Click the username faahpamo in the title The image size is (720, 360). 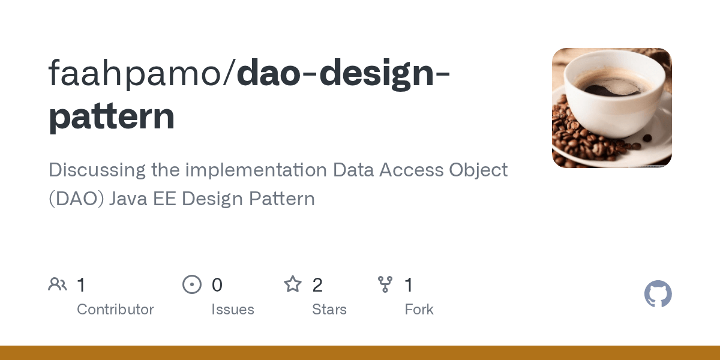tap(137, 74)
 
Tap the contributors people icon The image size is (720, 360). tap(58, 284)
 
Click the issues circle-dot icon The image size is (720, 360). tap(192, 284)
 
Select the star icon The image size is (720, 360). tap(293, 284)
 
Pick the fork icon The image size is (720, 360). tap(385, 284)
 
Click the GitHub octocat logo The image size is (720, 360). tap(658, 294)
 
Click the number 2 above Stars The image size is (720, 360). tap(317, 285)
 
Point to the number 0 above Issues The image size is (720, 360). tap(217, 285)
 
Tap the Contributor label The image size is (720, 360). tap(115, 310)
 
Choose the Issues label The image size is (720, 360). tap(233, 310)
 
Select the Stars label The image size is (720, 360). tap(329, 310)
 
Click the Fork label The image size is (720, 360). tap(419, 310)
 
